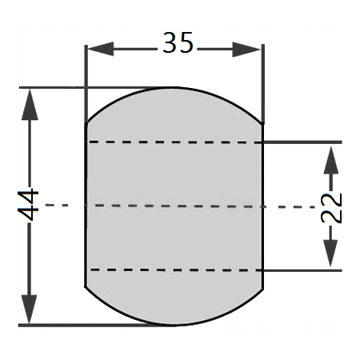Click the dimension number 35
tap(178, 42)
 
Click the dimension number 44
tap(28, 205)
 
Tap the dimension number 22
tap(331, 208)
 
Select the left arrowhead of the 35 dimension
tap(101, 49)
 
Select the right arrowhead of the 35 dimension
tap(246, 50)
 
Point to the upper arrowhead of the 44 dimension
tap(30, 105)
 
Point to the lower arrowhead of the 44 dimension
tap(29, 309)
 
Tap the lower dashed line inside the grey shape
tap(174, 270)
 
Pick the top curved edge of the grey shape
tap(174, 87)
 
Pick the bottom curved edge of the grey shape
tap(174, 325)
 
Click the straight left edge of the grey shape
tap(86, 206)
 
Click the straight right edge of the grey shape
tap(263, 206)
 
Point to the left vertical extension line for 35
tap(86, 84)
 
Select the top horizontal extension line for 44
tap(88, 87)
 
